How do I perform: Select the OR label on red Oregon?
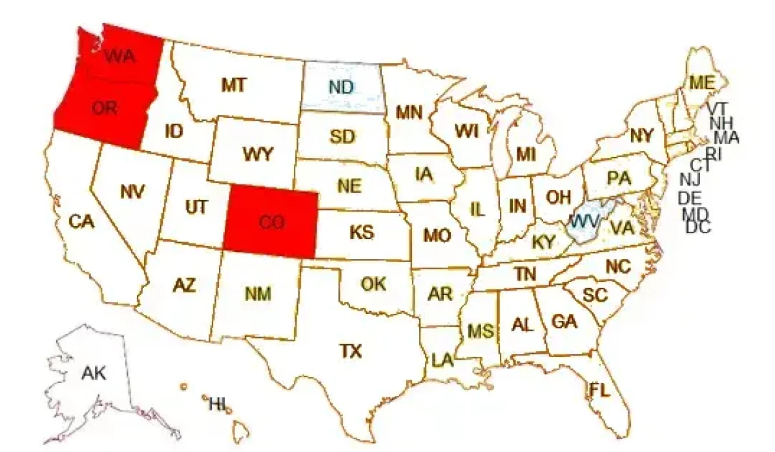104,108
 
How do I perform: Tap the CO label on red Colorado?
271,222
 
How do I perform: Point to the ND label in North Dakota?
340,86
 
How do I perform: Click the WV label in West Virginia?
584,220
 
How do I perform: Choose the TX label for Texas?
351,351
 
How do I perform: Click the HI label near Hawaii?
217,405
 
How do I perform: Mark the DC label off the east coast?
697,227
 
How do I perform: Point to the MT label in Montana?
233,85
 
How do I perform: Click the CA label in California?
82,222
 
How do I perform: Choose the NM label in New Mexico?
258,294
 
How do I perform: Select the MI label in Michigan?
526,154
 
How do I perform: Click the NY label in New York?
641,136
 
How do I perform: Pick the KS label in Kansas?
362,232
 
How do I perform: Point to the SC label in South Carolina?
595,295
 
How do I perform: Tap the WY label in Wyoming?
258,154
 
